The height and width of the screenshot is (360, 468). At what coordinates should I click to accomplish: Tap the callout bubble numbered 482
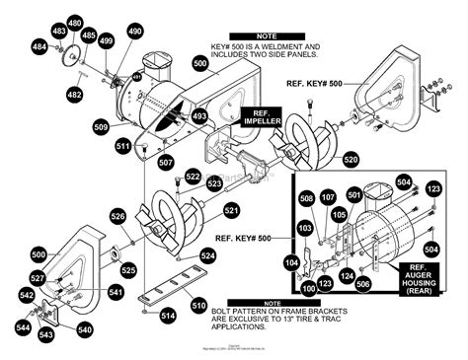[x=73, y=94]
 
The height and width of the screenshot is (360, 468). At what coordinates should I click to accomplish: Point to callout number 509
[x=101, y=126]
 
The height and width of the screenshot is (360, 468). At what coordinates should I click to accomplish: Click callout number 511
[x=122, y=146]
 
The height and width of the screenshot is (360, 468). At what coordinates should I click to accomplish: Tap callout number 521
[x=231, y=210]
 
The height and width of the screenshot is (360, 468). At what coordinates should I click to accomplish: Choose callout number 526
[x=117, y=216]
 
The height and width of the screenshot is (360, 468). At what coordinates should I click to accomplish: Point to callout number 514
[x=168, y=316]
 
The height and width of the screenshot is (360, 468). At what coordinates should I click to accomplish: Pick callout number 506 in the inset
[x=362, y=284]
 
